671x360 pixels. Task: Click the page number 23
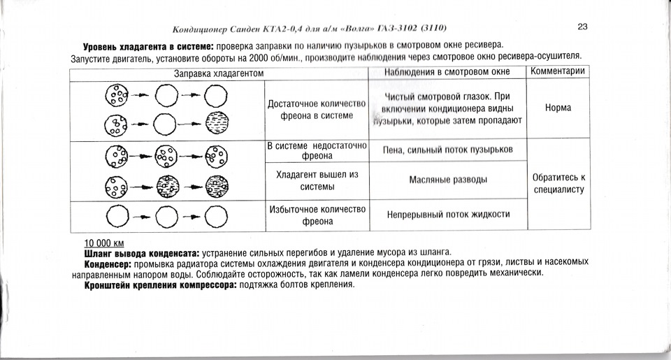582,27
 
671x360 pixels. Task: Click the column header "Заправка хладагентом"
218,73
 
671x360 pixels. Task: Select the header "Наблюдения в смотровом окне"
448,72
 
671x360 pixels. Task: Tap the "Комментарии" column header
557,71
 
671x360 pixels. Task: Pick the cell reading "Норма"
557,108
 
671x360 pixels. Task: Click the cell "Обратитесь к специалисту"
557,183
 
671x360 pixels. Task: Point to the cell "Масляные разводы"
448,180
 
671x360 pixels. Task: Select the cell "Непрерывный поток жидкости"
448,215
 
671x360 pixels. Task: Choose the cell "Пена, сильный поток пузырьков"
448,150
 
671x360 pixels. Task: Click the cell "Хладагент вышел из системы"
317,180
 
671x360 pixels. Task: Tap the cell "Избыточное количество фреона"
317,215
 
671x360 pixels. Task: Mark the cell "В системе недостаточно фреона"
317,150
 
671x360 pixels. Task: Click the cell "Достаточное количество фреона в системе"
317,109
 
